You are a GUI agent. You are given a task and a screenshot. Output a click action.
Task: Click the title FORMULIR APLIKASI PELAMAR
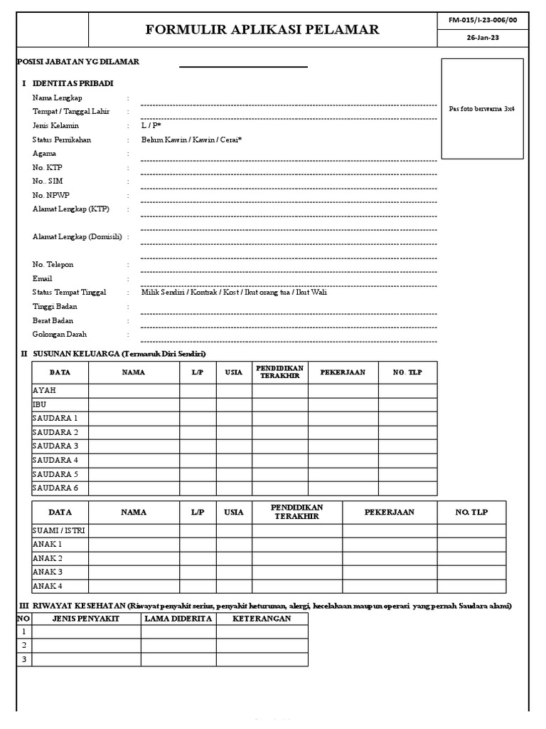click(262, 29)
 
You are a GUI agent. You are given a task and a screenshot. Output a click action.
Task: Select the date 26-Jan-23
click(484, 38)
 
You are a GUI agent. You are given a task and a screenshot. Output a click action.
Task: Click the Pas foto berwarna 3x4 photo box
click(482, 108)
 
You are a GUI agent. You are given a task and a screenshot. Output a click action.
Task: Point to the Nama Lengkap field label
click(58, 98)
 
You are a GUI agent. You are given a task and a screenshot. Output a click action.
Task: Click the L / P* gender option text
click(151, 125)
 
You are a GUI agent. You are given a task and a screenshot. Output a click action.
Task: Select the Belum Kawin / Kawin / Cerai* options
click(191, 140)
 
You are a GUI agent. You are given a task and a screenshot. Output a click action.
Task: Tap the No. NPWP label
click(51, 195)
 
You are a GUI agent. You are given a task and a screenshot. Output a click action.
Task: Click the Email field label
click(43, 278)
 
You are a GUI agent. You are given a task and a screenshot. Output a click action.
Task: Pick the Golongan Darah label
click(60, 334)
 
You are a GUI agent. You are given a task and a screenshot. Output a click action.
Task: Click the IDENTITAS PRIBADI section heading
click(73, 83)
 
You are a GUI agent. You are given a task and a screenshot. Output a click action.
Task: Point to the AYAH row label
click(44, 391)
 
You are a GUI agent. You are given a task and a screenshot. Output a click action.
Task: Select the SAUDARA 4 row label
click(55, 461)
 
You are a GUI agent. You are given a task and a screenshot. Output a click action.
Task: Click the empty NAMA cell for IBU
click(134, 404)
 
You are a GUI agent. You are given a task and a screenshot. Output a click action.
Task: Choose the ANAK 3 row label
click(48, 572)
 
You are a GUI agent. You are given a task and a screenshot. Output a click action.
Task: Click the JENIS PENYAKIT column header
click(86, 619)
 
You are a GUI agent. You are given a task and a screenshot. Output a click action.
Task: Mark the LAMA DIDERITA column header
click(178, 619)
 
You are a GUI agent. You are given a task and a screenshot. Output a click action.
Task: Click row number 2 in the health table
click(23, 646)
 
